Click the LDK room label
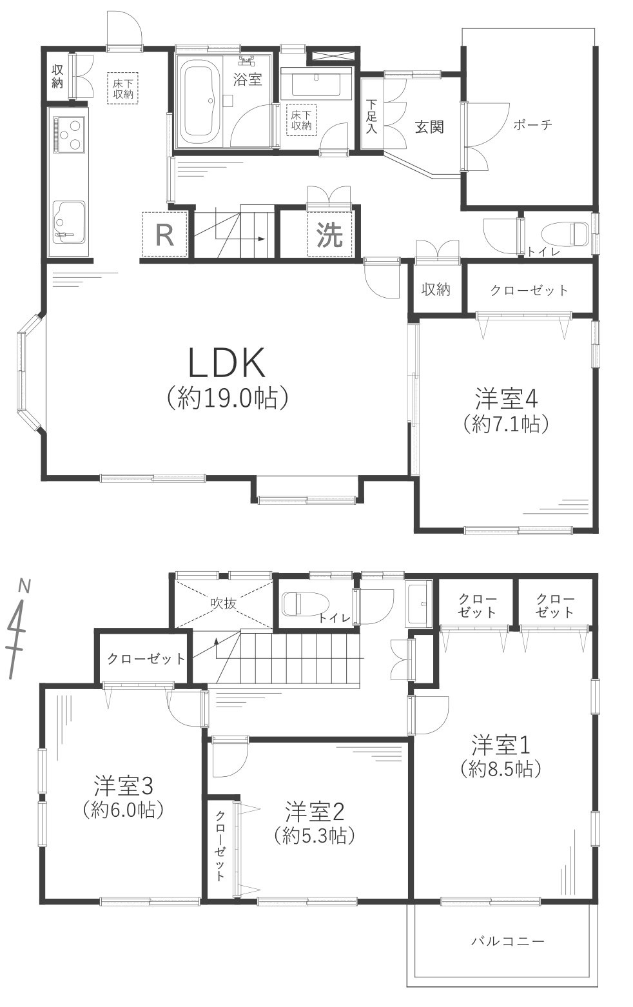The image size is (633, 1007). click(x=227, y=363)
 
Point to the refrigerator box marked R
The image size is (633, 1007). click(x=165, y=235)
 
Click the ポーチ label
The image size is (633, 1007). click(x=532, y=126)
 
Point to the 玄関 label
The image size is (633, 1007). click(x=429, y=127)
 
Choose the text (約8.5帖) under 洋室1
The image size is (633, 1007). click(x=500, y=768)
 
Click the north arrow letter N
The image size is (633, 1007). click(x=24, y=586)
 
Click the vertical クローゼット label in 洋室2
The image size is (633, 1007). click(x=220, y=845)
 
